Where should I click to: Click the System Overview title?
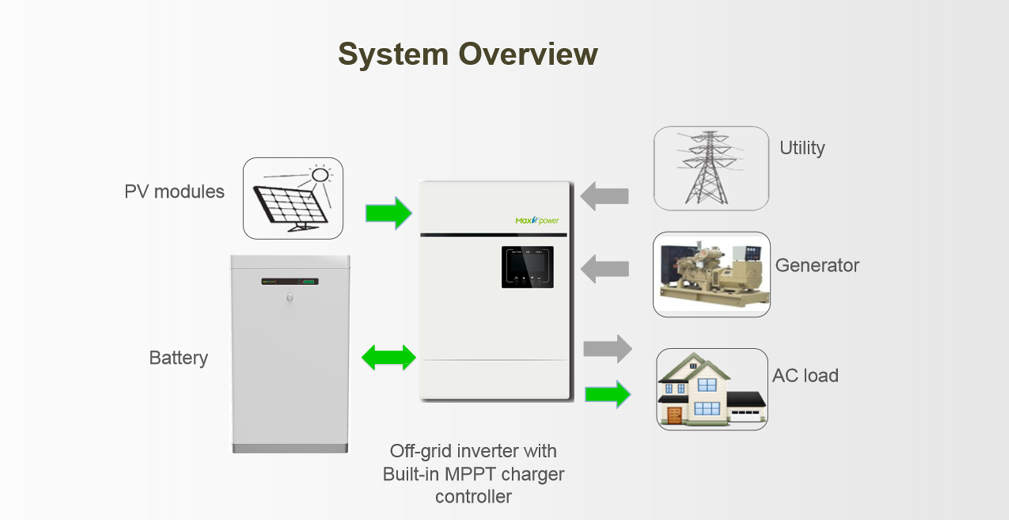(467, 54)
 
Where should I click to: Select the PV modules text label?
(174, 192)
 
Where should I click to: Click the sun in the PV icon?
(320, 175)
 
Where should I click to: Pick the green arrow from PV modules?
(388, 213)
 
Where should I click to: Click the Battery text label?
(178, 358)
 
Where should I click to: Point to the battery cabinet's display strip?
(290, 282)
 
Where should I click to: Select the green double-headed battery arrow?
(388, 358)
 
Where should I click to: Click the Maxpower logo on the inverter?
(537, 220)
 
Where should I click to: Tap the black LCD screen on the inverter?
(527, 267)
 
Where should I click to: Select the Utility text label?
(802, 148)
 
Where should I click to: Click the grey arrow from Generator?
(605, 269)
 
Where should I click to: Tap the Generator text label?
(817, 266)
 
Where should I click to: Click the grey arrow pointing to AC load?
(608, 349)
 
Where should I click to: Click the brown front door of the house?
(674, 415)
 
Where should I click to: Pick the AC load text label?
(805, 376)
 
